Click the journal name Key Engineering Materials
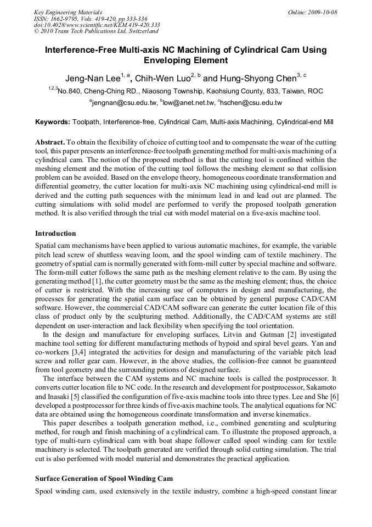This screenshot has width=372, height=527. [x=68, y=12]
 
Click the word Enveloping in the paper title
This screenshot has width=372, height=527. [x=168, y=60]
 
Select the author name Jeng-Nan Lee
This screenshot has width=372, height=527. [x=91, y=78]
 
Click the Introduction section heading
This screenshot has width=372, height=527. [x=55, y=234]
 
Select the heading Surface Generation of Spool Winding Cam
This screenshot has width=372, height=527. [x=104, y=478]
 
